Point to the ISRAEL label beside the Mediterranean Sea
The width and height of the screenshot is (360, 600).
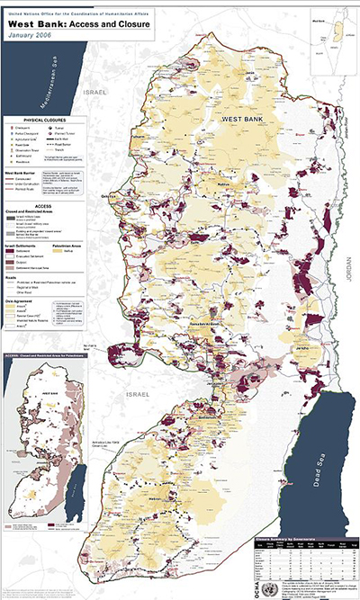94,93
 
